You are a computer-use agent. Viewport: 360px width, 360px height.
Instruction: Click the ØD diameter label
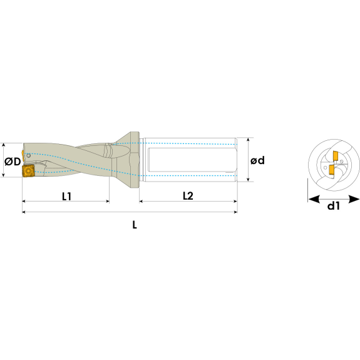click(x=13, y=162)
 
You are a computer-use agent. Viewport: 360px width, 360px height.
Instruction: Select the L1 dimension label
click(x=67, y=197)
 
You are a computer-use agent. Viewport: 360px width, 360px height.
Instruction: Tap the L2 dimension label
click(x=188, y=196)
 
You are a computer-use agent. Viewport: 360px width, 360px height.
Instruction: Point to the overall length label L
click(x=135, y=225)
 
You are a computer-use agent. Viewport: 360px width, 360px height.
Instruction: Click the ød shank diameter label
click(x=257, y=160)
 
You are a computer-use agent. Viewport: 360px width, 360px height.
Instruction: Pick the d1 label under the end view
click(x=333, y=206)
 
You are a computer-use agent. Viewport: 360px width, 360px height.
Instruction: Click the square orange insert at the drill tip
click(x=28, y=171)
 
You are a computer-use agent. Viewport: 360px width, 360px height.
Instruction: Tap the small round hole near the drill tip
click(x=28, y=156)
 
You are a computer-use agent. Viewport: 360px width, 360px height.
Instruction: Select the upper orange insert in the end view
click(x=335, y=155)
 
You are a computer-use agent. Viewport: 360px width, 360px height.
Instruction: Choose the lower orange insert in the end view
click(x=332, y=170)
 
